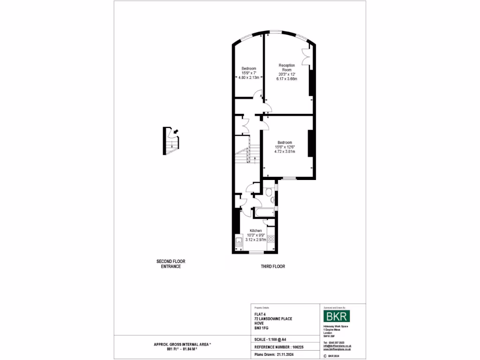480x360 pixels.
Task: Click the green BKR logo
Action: click(337, 314)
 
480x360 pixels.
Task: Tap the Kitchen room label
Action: click(255, 231)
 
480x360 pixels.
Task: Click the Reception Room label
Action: click(286, 67)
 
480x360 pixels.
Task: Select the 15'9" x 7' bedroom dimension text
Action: click(249, 73)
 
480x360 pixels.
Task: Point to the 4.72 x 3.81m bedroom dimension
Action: click(285, 151)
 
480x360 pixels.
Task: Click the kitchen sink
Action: click(238, 243)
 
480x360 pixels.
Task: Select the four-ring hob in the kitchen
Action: click(270, 240)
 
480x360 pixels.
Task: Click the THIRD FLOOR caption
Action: click(273, 266)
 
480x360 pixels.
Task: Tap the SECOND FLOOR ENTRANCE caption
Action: click(167, 264)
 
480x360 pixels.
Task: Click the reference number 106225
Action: click(298, 347)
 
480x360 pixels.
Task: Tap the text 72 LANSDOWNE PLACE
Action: click(273, 319)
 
